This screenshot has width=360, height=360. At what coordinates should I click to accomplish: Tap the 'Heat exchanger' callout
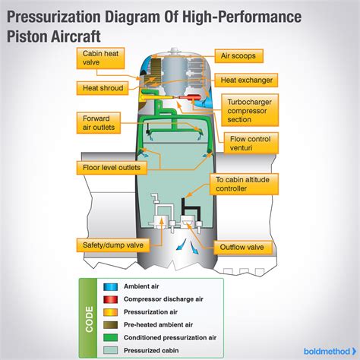pyautogui.click(x=248, y=79)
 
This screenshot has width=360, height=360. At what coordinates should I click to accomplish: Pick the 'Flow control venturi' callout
pyautogui.click(x=251, y=144)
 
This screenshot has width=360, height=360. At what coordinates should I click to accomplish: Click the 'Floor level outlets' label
pyautogui.click(x=111, y=166)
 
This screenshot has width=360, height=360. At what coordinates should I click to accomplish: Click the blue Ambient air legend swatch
pyautogui.click(x=110, y=287)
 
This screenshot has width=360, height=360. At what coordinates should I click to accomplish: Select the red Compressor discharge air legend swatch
pyautogui.click(x=110, y=298)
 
